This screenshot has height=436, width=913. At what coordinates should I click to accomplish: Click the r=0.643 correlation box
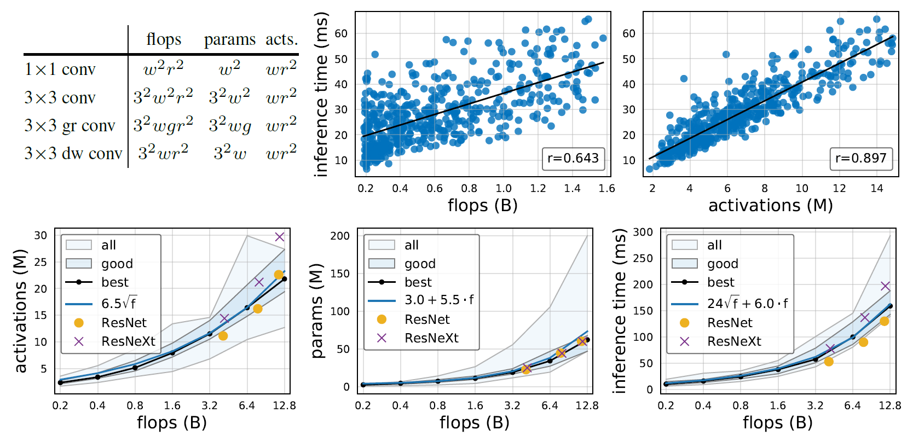point(573,159)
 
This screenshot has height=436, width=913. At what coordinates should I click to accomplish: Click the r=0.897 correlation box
point(861,159)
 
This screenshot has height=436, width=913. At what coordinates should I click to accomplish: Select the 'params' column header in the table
point(229,40)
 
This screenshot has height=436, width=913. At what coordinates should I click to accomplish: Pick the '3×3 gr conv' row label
point(70,126)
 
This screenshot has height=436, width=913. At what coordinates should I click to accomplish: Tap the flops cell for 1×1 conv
point(163,69)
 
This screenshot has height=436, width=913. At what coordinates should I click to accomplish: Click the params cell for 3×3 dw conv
point(230,153)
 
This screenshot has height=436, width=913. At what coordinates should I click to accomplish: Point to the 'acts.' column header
point(281,40)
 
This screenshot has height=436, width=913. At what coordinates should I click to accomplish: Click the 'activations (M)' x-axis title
point(770,206)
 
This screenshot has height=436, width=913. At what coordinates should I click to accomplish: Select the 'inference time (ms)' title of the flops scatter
point(321,94)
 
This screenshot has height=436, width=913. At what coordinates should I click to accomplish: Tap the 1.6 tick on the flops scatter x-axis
point(606,189)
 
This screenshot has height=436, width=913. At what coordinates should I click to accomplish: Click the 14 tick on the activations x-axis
point(877,189)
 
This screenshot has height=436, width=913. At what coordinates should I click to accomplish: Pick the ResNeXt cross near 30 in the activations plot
point(280,237)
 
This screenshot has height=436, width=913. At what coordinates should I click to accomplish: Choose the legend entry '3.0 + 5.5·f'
point(439,300)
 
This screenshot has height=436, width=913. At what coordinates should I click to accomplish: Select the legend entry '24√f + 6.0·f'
point(747,304)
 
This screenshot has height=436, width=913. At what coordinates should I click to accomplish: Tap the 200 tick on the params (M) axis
point(339,236)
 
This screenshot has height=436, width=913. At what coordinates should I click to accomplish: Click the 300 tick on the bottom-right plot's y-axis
point(643,232)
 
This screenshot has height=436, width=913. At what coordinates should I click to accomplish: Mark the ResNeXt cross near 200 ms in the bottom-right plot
point(885,286)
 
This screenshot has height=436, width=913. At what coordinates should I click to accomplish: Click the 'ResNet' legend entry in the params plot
point(427,319)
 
